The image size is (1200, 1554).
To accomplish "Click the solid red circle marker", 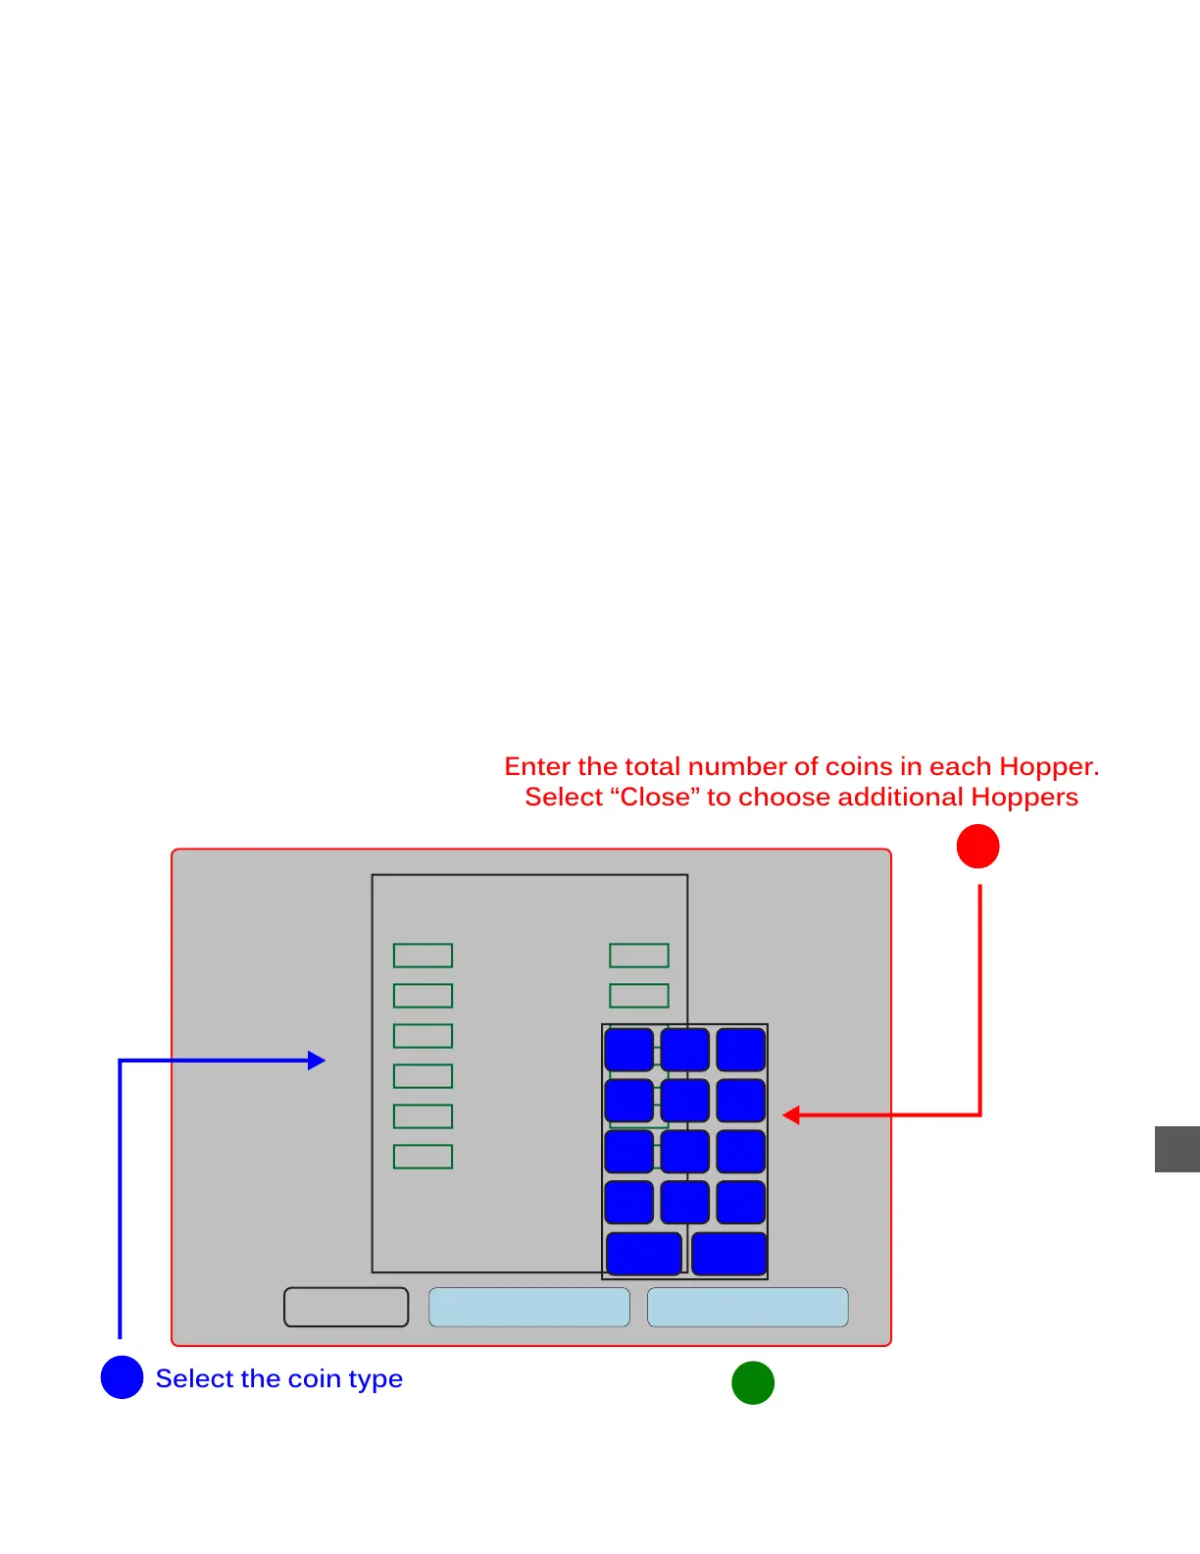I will pyautogui.click(x=977, y=847).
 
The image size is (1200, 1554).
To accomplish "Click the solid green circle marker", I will pyautogui.click(x=753, y=1382).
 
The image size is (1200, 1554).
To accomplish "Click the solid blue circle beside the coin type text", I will pyautogui.click(x=123, y=1377).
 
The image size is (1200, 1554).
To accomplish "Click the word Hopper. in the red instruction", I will pyautogui.click(x=1049, y=767).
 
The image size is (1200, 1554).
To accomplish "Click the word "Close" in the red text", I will pyautogui.click(x=655, y=797).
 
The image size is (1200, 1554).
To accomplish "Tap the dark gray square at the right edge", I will pyautogui.click(x=1176, y=1149).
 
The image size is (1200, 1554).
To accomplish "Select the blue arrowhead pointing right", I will pyautogui.click(x=317, y=1061).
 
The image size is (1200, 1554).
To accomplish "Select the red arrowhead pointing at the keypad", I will pyautogui.click(x=791, y=1114).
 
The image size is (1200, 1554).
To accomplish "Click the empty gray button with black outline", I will pyautogui.click(x=346, y=1307).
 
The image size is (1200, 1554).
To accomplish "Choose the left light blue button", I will pyautogui.click(x=529, y=1307).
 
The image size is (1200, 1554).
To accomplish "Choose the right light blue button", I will pyautogui.click(x=748, y=1307).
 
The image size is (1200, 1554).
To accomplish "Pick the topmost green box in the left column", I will pyautogui.click(x=423, y=956).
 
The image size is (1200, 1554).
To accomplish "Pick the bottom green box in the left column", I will pyautogui.click(x=423, y=1157).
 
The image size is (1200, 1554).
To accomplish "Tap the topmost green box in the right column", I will pyautogui.click(x=639, y=956).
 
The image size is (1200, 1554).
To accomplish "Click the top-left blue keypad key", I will pyautogui.click(x=628, y=1050).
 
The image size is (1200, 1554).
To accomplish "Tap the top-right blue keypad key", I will pyautogui.click(x=740, y=1050).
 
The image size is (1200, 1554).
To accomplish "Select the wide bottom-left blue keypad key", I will pyautogui.click(x=644, y=1254).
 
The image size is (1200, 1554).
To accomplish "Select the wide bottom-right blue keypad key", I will pyautogui.click(x=728, y=1254).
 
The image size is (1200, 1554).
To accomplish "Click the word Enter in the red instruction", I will pyautogui.click(x=537, y=767).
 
